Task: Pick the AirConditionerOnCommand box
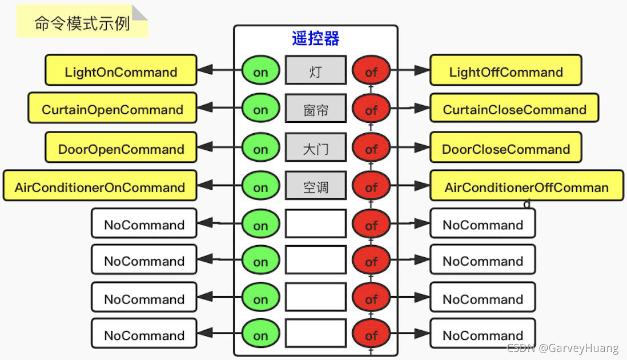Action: click(x=100, y=186)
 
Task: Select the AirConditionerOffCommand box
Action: click(x=526, y=186)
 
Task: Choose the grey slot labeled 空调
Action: click(x=316, y=186)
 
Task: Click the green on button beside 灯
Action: click(x=260, y=71)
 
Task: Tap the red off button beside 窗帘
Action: click(x=371, y=109)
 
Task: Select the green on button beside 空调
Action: click(x=260, y=187)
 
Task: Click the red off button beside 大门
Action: click(x=371, y=149)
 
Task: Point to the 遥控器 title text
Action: click(x=316, y=38)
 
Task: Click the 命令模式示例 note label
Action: click(x=82, y=23)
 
